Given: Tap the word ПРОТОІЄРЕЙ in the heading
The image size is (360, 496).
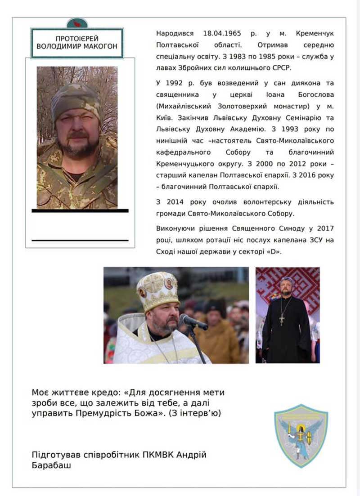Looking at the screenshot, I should point(77,39).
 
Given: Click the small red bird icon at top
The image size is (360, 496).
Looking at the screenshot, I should point(77,24).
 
